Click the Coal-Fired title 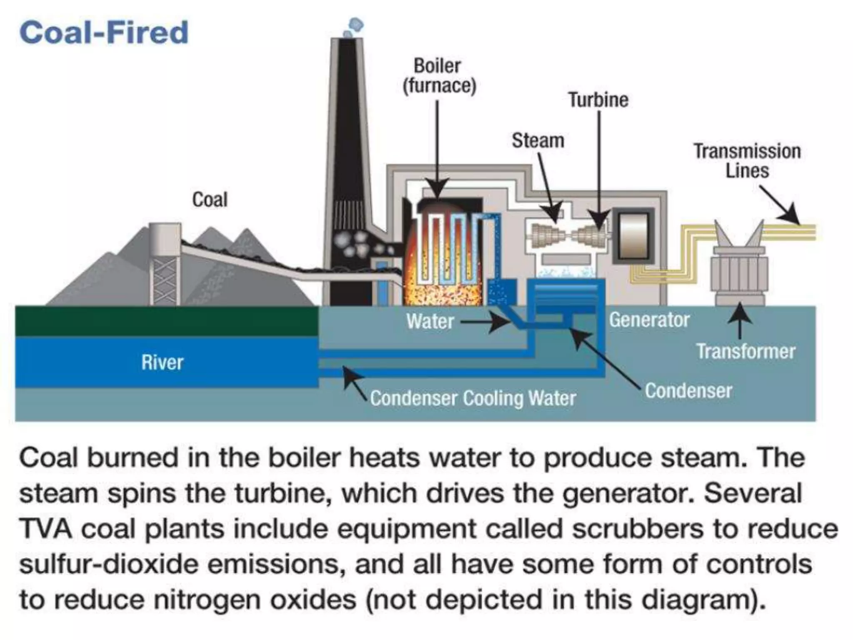click(x=104, y=32)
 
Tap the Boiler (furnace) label click(x=439, y=76)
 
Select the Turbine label click(x=598, y=100)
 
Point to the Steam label click(x=538, y=140)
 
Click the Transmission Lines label click(x=747, y=161)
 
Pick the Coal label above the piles click(x=210, y=200)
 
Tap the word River click(x=162, y=362)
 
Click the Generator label click(x=649, y=320)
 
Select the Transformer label click(x=746, y=351)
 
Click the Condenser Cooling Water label click(x=473, y=398)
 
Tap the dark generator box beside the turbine click(x=633, y=236)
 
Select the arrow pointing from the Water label click(x=487, y=322)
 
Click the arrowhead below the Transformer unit click(x=740, y=310)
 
